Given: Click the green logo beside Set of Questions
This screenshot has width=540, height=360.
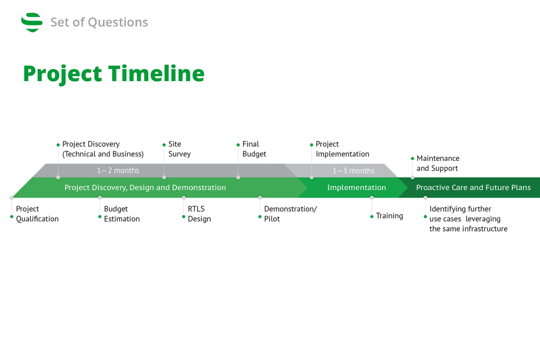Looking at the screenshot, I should tap(32, 22).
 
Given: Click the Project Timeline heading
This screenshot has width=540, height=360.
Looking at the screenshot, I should tap(113, 73).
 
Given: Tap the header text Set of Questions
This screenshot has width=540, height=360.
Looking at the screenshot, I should tap(99, 22).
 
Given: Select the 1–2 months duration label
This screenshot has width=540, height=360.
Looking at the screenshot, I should tap(118, 171).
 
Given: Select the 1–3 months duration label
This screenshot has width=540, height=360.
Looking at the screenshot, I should tap(353, 171).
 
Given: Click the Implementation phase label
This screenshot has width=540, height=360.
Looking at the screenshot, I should tap(356, 187).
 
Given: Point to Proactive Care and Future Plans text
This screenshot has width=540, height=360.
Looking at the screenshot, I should tap(473, 187).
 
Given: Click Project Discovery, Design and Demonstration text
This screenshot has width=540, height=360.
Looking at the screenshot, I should tap(145, 187).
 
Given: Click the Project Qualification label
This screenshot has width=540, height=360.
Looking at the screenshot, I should tap(37, 214).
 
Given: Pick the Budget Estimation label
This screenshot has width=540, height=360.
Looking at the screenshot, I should tap(122, 214).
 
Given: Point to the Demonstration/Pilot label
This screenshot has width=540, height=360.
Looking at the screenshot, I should tap(290, 214).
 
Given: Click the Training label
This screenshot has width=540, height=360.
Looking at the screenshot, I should tap(389, 216).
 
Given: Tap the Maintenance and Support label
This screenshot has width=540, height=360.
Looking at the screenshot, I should tap(437, 163).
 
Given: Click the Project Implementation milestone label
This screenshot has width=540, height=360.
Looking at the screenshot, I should tap(342, 149).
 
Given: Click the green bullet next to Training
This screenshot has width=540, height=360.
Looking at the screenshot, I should tap(372, 216).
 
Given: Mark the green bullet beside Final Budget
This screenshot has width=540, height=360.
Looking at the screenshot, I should tap(238, 145).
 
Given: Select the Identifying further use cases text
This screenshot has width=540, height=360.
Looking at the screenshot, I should tap(468, 219).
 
